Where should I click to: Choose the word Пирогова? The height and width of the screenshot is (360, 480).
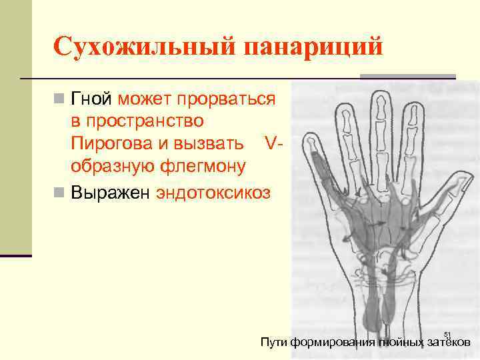tap(110, 143)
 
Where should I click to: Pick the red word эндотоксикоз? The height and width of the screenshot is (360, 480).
tap(213, 193)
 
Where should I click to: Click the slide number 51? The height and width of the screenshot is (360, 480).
tap(447, 335)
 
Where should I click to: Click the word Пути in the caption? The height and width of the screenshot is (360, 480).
tap(273, 343)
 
